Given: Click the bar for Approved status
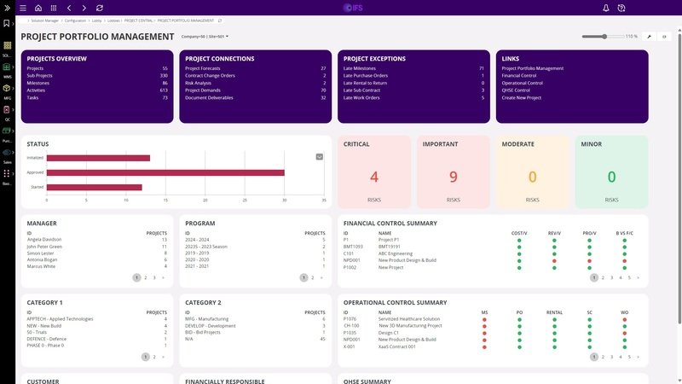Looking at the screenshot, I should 165,172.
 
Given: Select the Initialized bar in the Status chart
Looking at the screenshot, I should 98,158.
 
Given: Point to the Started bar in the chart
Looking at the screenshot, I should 94,187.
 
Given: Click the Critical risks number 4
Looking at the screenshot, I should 373,177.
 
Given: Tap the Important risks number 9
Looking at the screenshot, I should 453,177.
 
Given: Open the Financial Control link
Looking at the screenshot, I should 520,75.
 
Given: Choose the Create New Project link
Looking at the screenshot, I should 523,97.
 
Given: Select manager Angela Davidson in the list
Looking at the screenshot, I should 45,240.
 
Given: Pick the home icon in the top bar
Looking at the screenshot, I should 38,8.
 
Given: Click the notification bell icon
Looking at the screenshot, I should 605,8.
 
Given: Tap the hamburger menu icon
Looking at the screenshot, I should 22,8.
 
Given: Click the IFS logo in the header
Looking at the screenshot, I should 352,8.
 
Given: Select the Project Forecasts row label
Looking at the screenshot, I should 203,68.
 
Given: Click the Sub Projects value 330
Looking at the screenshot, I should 164,75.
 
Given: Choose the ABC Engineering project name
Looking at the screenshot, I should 396,253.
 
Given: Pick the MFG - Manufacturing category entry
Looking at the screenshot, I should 207,318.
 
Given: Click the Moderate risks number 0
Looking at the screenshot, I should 533,177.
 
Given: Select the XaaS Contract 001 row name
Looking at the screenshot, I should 397,346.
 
